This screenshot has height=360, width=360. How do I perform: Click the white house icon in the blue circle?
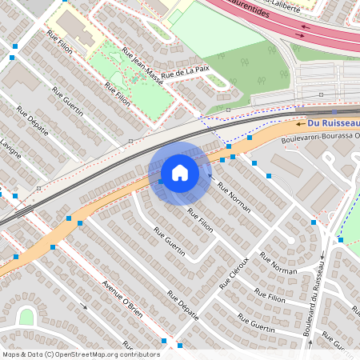coord(180,173)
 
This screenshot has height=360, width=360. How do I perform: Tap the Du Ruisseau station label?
coord(334,123)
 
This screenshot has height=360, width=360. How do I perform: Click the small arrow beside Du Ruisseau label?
coord(300,124)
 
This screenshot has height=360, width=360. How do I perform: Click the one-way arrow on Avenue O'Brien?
coord(84,306)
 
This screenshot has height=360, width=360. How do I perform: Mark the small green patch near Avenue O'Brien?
coord(26,317)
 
